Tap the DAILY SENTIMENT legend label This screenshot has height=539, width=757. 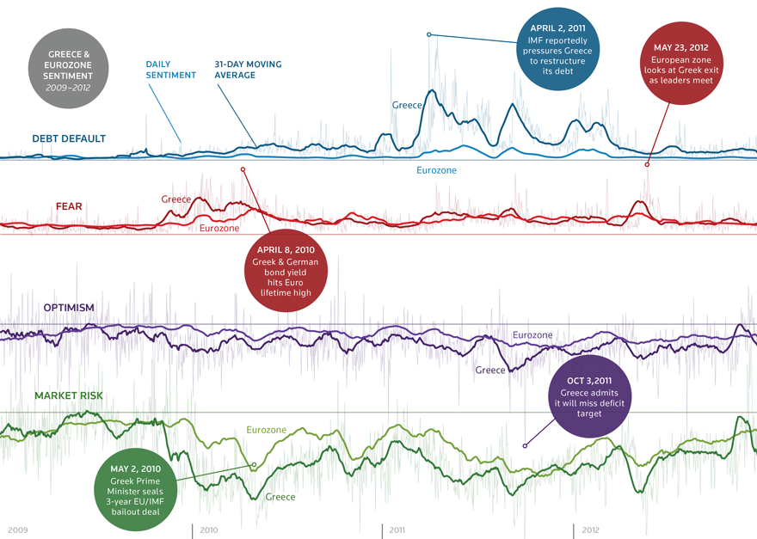[170, 70]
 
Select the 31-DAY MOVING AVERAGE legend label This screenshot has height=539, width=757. [248, 70]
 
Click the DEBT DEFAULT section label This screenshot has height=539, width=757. [69, 138]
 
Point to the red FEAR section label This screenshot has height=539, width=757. [70, 206]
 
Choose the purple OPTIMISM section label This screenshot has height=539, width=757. [69, 307]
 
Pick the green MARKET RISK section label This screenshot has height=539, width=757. [69, 395]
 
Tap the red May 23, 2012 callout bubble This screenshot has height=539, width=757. [680, 64]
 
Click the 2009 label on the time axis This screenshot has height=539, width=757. [20, 530]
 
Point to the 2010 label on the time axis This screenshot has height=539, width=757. [208, 530]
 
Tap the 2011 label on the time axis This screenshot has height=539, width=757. [397, 530]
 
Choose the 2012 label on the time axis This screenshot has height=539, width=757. [590, 530]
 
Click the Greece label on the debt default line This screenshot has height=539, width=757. [407, 105]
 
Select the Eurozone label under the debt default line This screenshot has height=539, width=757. [436, 170]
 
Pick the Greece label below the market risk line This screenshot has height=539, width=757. [280, 497]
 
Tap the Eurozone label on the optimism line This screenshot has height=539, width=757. [532, 334]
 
